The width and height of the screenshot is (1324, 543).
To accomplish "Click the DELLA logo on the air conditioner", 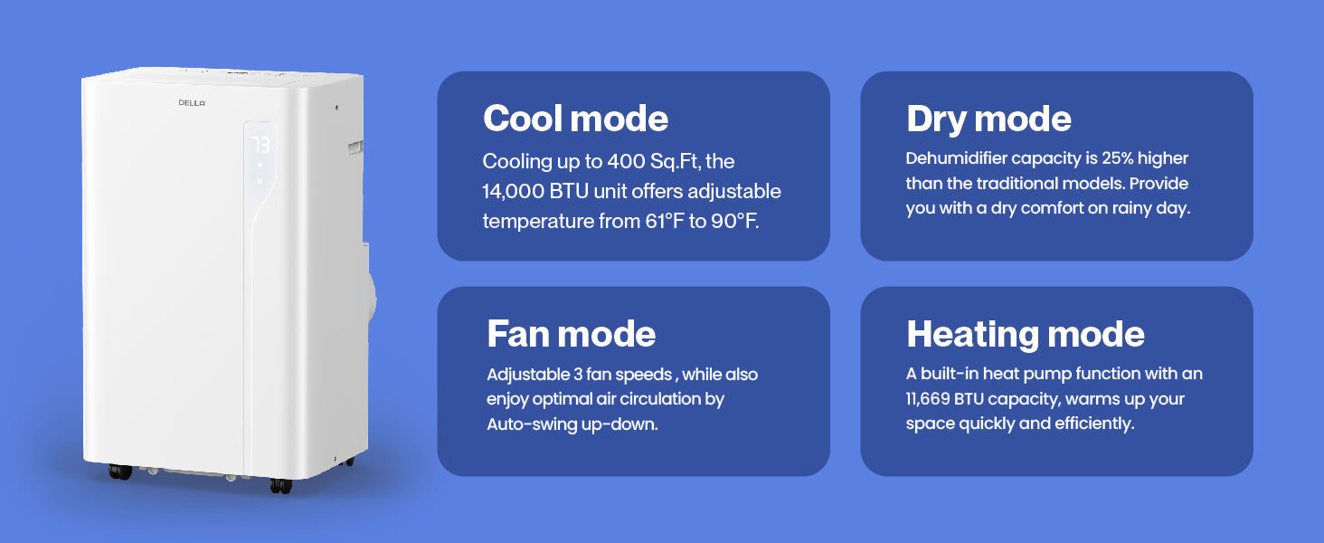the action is coord(192,103).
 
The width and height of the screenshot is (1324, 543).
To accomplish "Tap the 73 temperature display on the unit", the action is coord(260,145).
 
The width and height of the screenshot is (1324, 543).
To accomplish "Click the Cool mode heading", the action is coord(576,119).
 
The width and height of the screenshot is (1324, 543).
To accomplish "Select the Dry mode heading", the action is coord(988,119).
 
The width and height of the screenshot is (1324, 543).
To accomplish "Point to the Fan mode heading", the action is coord(571,334).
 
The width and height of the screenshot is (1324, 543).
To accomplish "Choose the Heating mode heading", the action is coord(1026,335).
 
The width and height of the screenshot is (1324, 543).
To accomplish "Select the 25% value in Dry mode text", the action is coord(1117,158).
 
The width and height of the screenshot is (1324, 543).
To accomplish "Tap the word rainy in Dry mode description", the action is coord(1136,209).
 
